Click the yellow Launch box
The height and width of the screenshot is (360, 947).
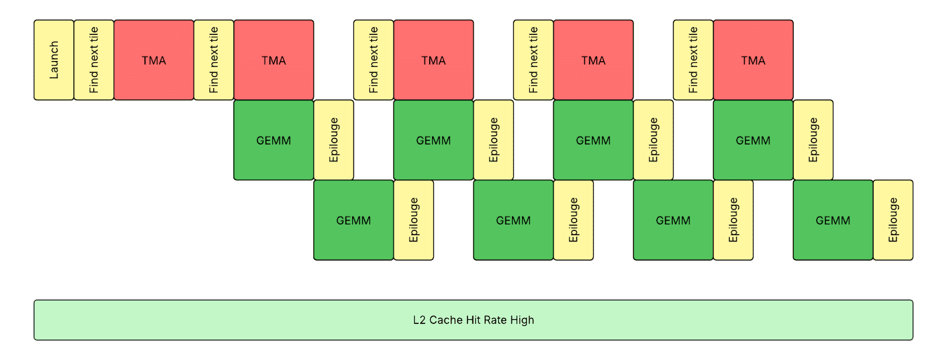tap(54, 60)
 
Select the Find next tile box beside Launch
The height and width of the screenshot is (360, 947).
tap(94, 60)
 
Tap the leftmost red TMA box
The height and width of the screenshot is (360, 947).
tap(154, 60)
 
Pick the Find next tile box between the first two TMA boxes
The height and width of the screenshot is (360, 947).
tap(214, 60)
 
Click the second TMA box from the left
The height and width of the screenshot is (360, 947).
tap(273, 60)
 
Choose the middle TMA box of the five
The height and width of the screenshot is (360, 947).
tap(433, 60)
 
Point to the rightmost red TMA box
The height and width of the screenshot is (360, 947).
tap(753, 60)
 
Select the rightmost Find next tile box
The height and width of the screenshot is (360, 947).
tap(693, 60)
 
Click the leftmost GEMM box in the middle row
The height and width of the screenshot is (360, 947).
tap(273, 140)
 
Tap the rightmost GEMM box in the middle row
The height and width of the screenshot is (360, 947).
tap(753, 140)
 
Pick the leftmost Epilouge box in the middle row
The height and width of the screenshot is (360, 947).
tap(334, 140)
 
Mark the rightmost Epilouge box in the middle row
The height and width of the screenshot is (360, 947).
tap(813, 140)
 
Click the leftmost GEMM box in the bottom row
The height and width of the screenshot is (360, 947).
tap(353, 220)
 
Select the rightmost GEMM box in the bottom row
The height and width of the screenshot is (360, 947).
tap(833, 220)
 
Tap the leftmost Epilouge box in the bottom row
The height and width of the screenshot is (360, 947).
tap(414, 220)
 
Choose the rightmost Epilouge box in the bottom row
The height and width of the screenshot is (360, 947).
tap(893, 220)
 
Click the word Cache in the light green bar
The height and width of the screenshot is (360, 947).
tap(446, 320)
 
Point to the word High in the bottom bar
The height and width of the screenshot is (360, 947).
tap(522, 320)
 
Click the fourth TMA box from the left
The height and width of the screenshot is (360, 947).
tap(593, 60)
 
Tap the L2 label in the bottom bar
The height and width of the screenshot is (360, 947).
tap(419, 320)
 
